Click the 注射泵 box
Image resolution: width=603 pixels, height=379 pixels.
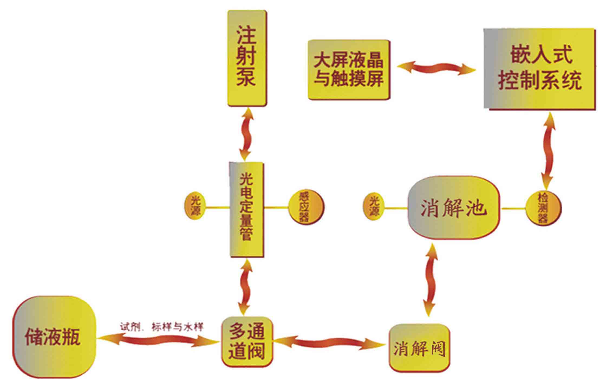click(x=246, y=58)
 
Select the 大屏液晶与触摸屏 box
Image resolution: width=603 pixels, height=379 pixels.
click(x=349, y=70)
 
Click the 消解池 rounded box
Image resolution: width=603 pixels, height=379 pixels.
click(x=454, y=208)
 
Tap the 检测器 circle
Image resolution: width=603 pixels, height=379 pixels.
click(x=543, y=209)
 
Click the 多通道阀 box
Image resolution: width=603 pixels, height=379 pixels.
click(x=247, y=342)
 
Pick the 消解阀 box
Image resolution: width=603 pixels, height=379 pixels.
click(x=419, y=348)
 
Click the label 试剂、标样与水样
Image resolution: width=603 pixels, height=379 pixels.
click(x=161, y=327)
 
